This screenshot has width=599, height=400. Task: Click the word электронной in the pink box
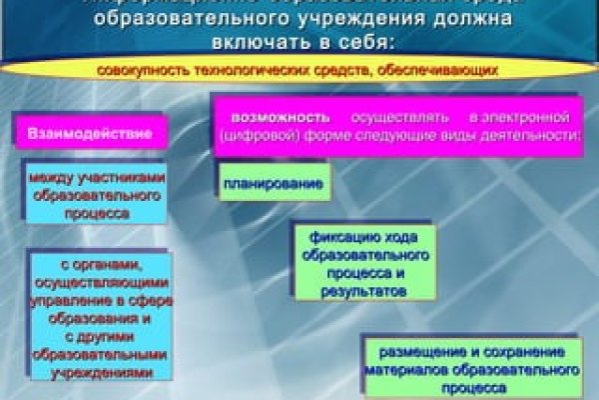point(534,117)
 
